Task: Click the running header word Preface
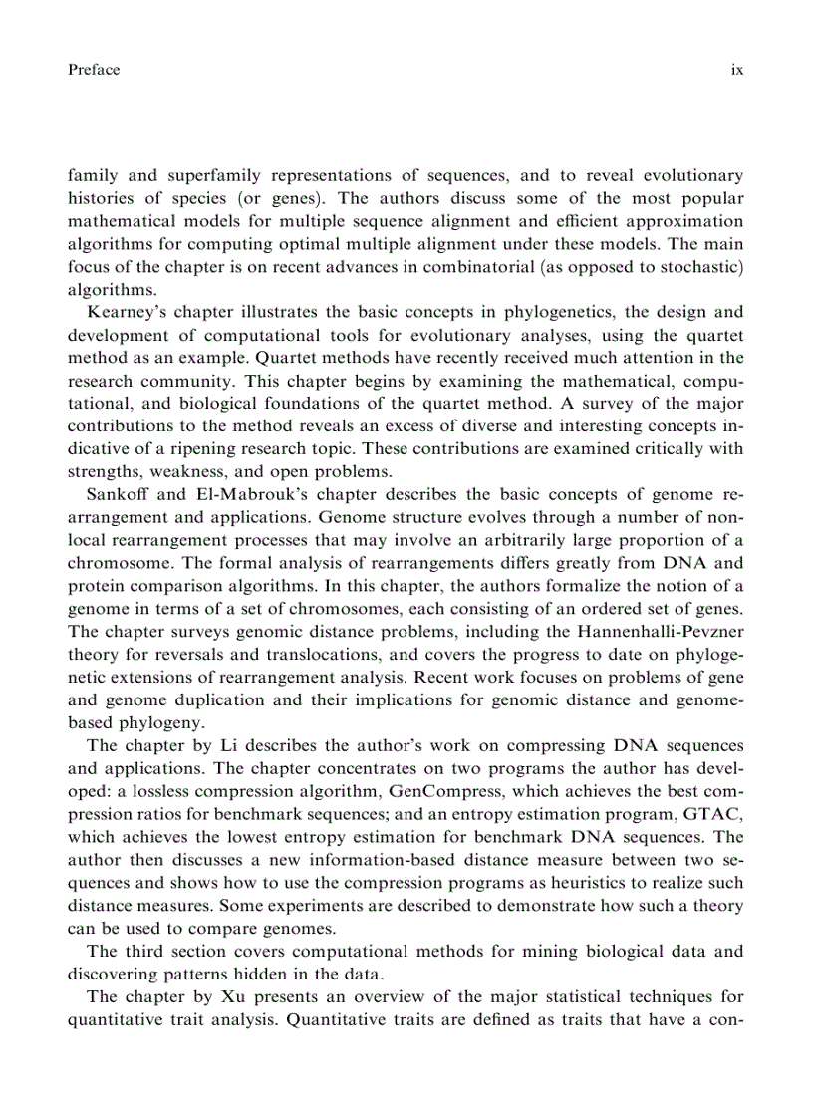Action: tap(94, 70)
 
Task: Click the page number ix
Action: tap(736, 70)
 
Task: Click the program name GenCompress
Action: tap(434, 791)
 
